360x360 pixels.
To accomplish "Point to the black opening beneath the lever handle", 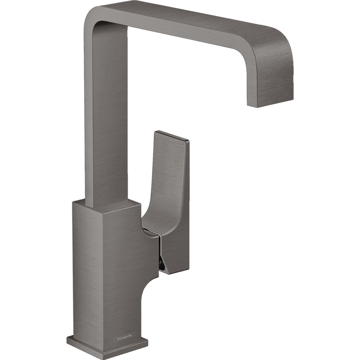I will pos(163,263).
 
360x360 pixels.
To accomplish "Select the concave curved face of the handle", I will pos(165,185).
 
